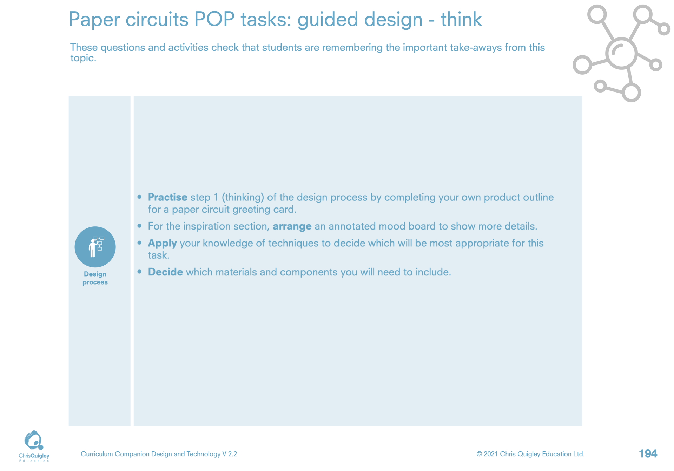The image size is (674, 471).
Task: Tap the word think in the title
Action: (x=461, y=19)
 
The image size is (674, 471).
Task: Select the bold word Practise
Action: (x=167, y=198)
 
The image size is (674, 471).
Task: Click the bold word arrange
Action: (x=292, y=227)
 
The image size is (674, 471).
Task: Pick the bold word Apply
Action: (x=162, y=244)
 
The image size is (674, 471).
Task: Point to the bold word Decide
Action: (x=165, y=272)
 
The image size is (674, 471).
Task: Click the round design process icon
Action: (x=95, y=247)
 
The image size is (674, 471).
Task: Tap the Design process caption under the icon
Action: (x=95, y=278)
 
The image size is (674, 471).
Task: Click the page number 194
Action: (x=648, y=454)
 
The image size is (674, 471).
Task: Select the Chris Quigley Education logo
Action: (x=34, y=446)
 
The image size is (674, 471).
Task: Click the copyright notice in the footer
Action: (x=530, y=454)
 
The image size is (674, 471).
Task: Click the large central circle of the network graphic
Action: (x=621, y=53)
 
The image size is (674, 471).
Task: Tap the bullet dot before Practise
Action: (x=140, y=197)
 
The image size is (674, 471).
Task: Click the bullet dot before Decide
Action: (x=140, y=272)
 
